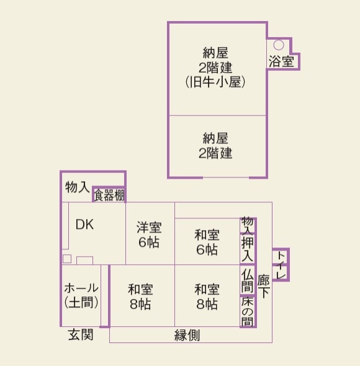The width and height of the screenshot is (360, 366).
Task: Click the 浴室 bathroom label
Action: (281, 61)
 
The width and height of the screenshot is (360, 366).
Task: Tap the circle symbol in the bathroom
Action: (279, 45)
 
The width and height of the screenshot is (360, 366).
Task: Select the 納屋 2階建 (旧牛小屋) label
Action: (216, 66)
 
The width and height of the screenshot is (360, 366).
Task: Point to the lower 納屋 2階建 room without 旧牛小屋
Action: (216, 145)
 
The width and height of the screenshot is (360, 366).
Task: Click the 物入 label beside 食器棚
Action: (76, 186)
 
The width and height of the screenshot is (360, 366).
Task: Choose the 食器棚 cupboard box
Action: (109, 195)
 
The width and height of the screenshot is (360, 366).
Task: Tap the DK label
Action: (84, 225)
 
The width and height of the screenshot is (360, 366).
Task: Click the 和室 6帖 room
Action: (207, 242)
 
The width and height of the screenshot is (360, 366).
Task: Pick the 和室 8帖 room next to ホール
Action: (140, 297)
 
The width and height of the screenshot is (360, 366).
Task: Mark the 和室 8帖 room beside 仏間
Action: (207, 297)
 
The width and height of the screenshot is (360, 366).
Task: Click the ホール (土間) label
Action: (81, 295)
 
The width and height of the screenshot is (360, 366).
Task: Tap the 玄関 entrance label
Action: (81, 336)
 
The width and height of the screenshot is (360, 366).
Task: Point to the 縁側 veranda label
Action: (187, 336)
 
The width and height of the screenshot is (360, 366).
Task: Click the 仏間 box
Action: (247, 280)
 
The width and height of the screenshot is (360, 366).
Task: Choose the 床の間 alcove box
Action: (247, 311)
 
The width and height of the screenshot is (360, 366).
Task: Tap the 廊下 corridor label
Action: (264, 285)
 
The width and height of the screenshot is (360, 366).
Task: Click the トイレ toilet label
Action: (281, 264)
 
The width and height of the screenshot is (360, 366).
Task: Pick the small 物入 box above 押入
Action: (247, 224)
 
